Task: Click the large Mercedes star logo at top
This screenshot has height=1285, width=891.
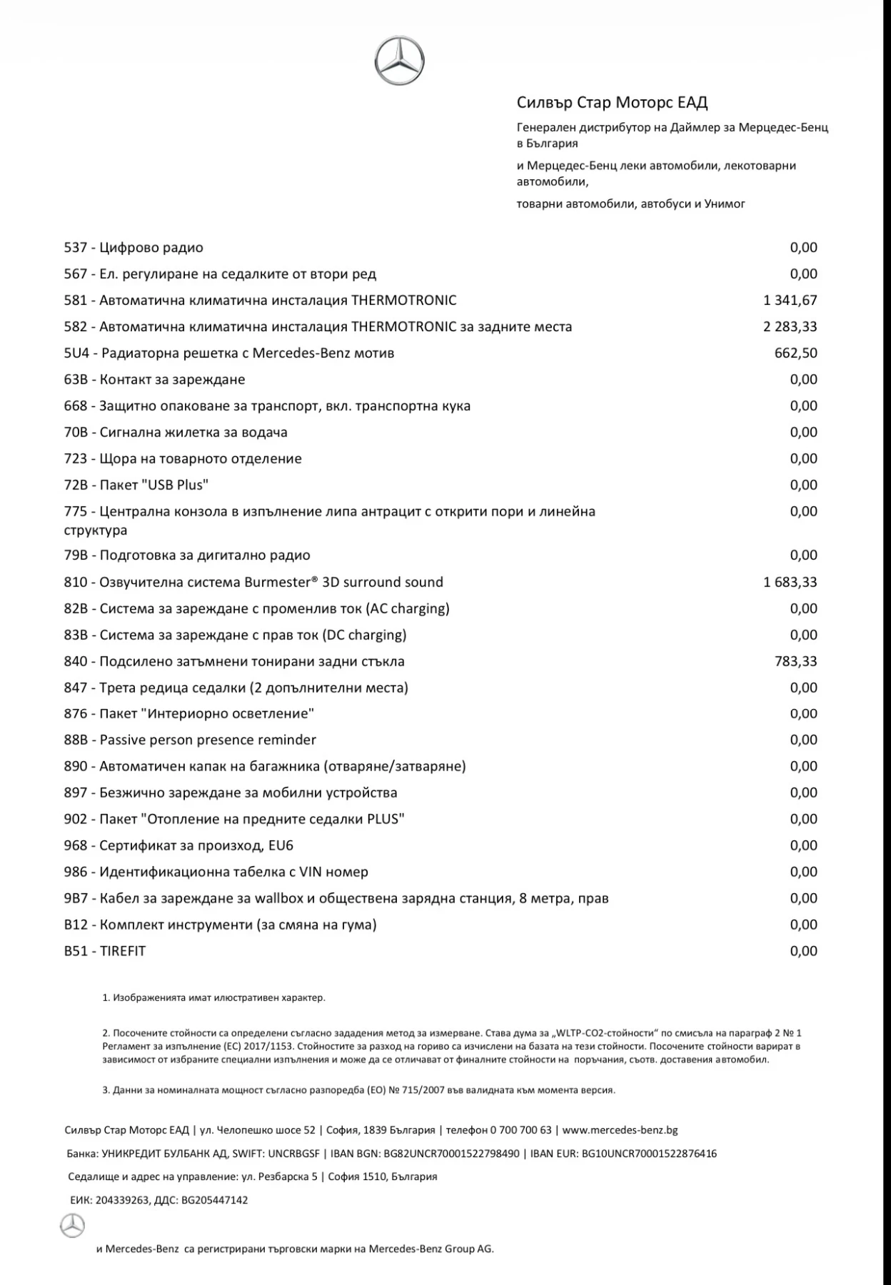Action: click(399, 61)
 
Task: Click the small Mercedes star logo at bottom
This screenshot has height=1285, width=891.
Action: click(72, 1226)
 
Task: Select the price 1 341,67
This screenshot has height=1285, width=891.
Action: click(790, 301)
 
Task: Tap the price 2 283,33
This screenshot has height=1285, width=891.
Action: click(790, 327)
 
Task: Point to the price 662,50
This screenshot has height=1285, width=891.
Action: click(795, 353)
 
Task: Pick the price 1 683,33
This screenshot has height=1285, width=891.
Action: click(790, 583)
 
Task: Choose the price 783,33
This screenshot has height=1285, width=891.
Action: click(795, 662)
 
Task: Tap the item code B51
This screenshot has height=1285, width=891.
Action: click(75, 952)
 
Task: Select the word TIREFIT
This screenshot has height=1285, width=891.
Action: click(123, 952)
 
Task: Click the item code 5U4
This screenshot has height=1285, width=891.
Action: click(76, 353)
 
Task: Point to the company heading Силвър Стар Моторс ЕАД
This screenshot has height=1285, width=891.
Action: click(612, 103)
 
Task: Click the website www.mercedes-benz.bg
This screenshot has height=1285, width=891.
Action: click(620, 1130)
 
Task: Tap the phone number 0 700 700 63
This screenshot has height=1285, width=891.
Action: click(520, 1130)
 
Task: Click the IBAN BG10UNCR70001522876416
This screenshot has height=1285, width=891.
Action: click(649, 1154)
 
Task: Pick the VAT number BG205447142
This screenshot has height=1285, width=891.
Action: click(214, 1201)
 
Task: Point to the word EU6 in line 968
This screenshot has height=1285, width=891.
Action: click(281, 846)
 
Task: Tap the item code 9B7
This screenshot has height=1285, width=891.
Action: click(75, 899)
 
